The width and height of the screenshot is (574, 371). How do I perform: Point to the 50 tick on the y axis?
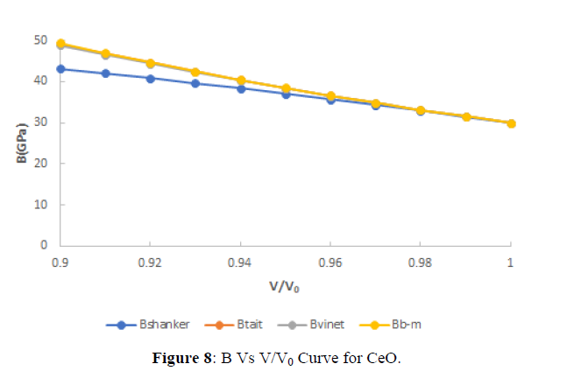pyautogui.click(x=40, y=40)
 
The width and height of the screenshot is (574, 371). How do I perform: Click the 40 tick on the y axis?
pyautogui.click(x=40, y=81)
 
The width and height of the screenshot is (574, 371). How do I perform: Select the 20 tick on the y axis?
pyautogui.click(x=40, y=164)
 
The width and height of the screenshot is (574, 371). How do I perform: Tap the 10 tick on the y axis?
pyautogui.click(x=40, y=205)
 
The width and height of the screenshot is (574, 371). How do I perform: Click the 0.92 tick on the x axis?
pyautogui.click(x=150, y=261)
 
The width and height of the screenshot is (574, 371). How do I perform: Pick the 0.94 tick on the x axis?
pyautogui.click(x=240, y=261)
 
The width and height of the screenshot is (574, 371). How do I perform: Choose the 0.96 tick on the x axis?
pyautogui.click(x=330, y=261)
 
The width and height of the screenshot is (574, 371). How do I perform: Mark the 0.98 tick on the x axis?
pyautogui.click(x=421, y=261)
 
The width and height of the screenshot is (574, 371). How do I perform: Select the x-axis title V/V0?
pyautogui.click(x=285, y=286)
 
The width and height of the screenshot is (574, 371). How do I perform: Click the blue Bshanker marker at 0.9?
pyautogui.click(x=60, y=69)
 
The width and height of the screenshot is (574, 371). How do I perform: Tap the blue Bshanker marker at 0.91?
pyautogui.click(x=105, y=73)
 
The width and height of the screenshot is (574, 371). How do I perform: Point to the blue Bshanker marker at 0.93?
pyautogui.click(x=195, y=83)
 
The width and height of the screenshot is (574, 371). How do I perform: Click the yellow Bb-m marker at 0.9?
pyautogui.click(x=60, y=44)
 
